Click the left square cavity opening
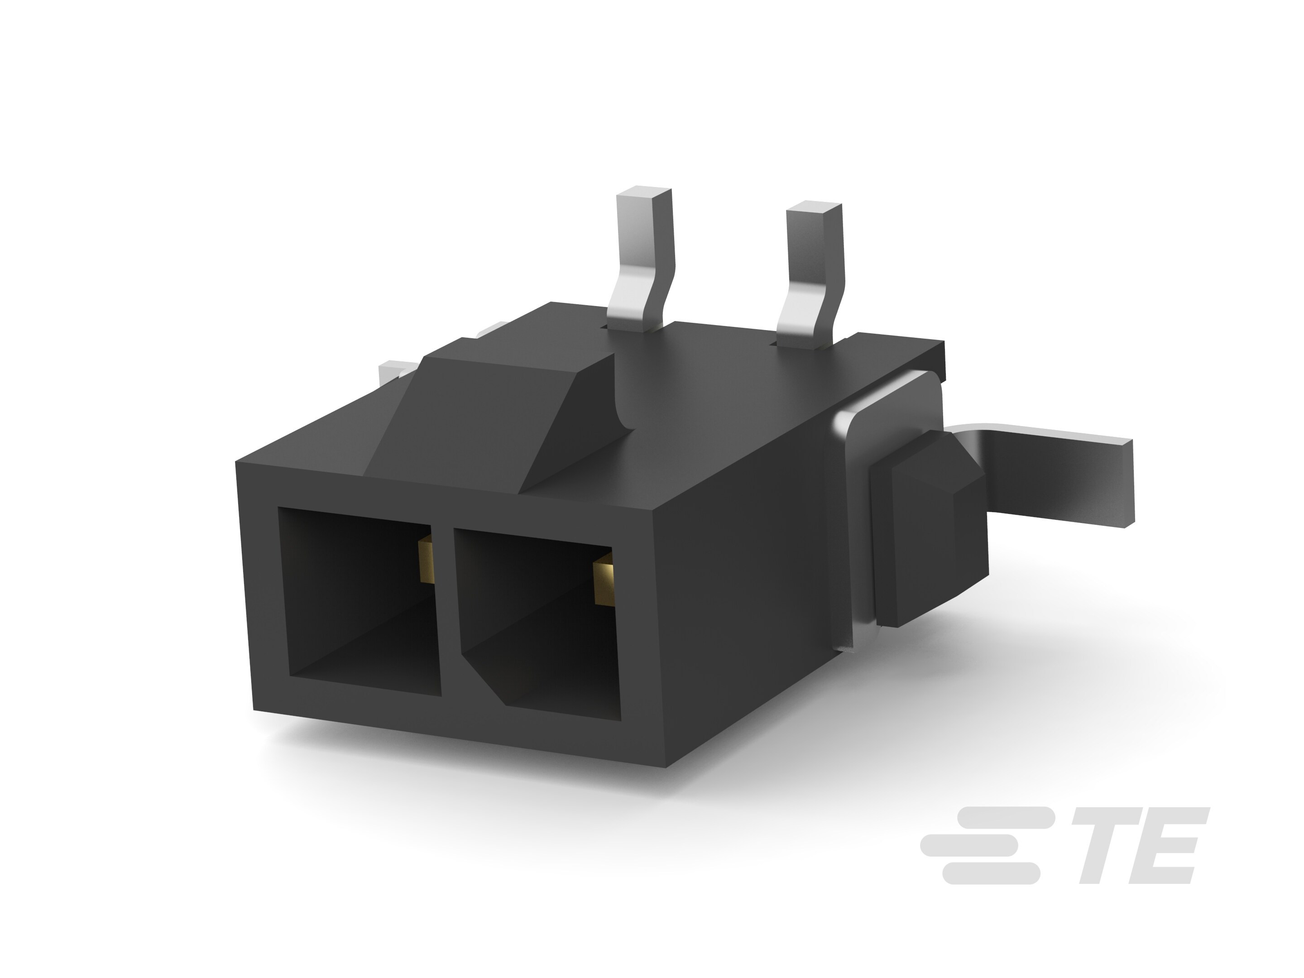click(x=360, y=601)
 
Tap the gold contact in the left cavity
click(x=425, y=562)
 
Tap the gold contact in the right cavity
click(x=604, y=584)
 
